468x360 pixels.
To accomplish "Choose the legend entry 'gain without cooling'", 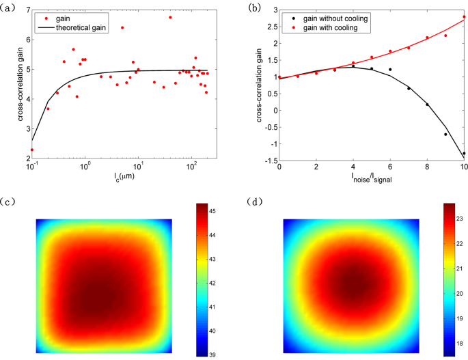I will pos(327,18).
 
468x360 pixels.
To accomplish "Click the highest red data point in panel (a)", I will pos(170,17).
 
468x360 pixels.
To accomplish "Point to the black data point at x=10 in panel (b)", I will pos(464,153).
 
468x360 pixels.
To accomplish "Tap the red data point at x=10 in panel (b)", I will pos(464,16).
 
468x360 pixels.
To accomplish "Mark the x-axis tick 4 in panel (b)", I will pos(353,167).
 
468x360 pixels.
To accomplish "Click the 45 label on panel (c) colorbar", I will pos(212,212).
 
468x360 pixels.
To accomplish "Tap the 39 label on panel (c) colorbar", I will pos(212,355).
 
